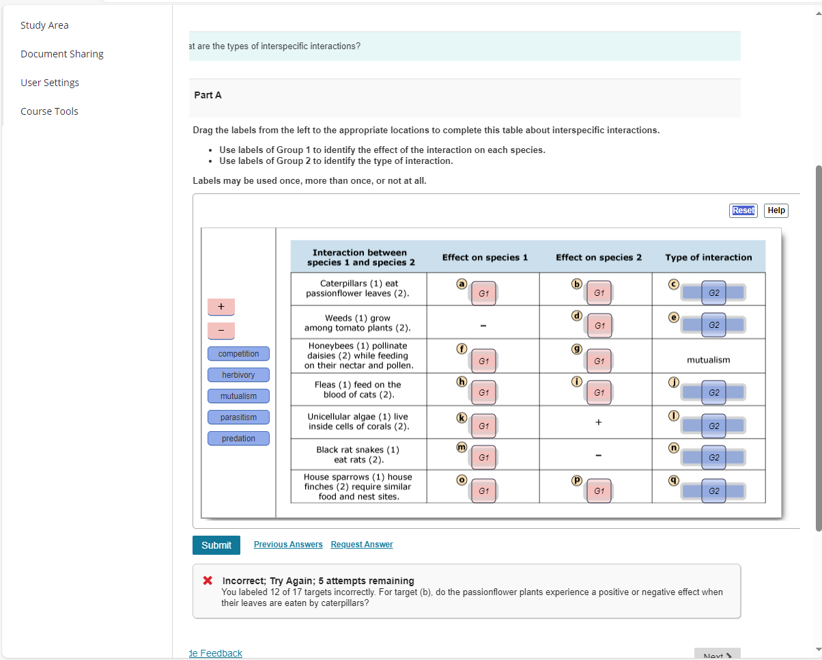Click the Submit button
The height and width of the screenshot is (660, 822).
click(216, 545)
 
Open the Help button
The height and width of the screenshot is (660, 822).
click(776, 210)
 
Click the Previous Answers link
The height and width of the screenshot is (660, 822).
click(288, 545)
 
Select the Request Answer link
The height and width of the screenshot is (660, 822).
click(362, 545)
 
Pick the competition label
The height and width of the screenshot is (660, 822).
click(238, 354)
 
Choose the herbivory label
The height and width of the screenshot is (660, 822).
click(238, 375)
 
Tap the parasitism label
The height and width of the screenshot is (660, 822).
click(238, 417)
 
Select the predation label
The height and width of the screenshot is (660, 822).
click(238, 439)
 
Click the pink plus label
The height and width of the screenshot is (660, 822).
click(221, 307)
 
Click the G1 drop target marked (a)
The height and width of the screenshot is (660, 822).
click(483, 292)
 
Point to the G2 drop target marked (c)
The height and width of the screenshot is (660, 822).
click(713, 292)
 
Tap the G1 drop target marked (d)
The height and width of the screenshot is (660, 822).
click(599, 326)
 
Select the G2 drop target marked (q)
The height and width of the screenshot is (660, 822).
click(713, 491)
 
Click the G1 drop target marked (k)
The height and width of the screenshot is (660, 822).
click(483, 426)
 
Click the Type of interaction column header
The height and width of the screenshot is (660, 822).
click(708, 258)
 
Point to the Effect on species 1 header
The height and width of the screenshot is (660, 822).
click(485, 258)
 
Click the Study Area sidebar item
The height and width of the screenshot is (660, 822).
click(44, 25)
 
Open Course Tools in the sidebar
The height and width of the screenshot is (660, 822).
click(49, 111)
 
